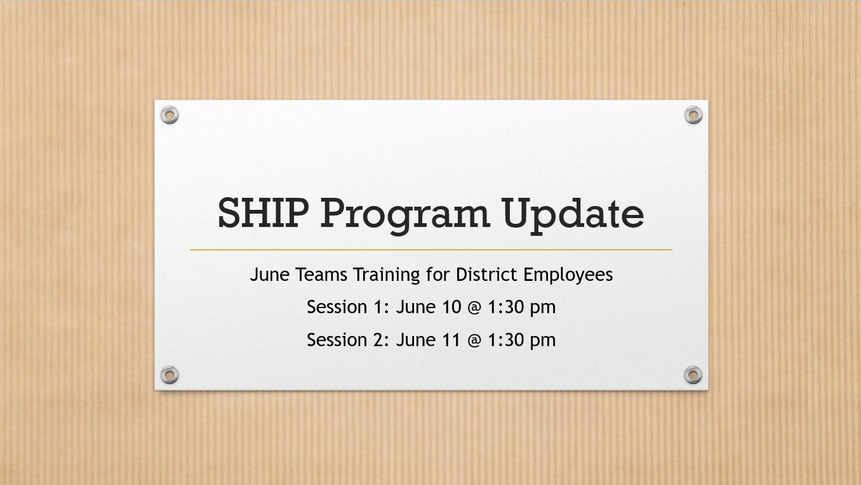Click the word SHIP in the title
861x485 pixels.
264,213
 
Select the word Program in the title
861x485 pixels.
405,216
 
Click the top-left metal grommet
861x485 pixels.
170,115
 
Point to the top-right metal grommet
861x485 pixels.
693,115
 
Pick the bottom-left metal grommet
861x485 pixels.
170,375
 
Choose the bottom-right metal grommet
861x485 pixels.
693,375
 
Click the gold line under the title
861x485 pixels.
431,250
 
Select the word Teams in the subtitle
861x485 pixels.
321,275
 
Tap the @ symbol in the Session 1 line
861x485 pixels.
475,307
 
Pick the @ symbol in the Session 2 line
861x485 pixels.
475,340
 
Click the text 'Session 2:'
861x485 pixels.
348,340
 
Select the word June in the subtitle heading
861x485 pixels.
270,275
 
